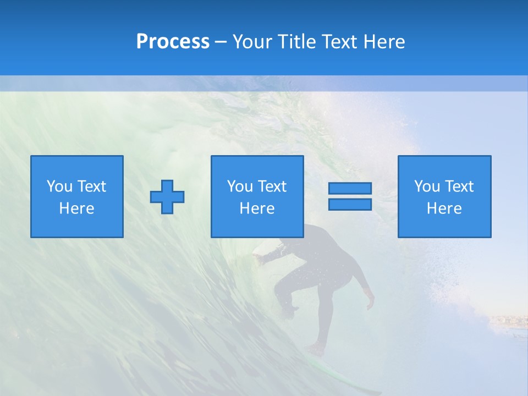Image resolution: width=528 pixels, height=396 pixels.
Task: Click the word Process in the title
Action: [x=173, y=42]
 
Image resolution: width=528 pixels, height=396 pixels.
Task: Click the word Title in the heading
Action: [x=295, y=42]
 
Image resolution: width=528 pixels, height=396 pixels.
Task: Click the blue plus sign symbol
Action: [x=167, y=197]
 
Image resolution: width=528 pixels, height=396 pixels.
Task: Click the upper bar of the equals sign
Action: [x=350, y=189]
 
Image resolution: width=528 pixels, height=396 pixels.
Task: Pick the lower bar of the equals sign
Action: [x=350, y=204]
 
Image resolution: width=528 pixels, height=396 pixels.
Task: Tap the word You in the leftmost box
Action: [x=59, y=186]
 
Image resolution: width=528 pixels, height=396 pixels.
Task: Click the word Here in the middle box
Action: [x=257, y=208]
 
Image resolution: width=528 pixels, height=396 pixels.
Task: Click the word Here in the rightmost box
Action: [x=444, y=208]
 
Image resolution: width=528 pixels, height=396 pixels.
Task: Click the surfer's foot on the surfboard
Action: [x=316, y=349]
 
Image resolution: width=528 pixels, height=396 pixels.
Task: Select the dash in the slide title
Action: [x=221, y=42]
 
